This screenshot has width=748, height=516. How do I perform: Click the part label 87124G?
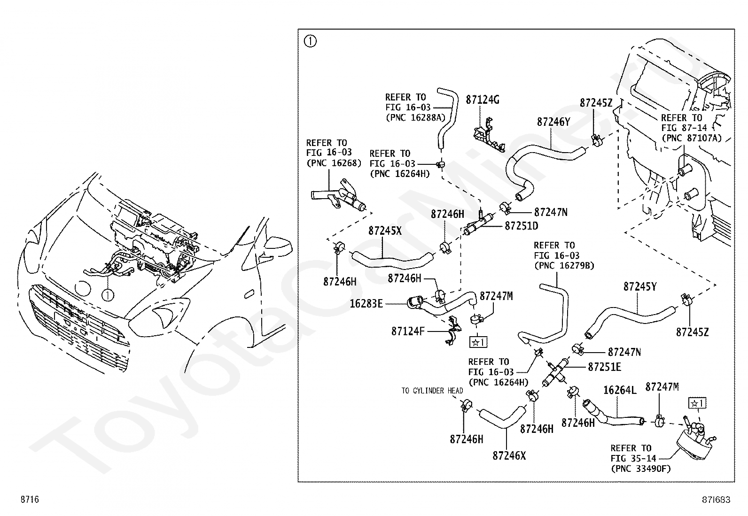pyautogui.click(x=483, y=100)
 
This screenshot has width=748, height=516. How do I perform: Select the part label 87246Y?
pyautogui.click(x=553, y=122)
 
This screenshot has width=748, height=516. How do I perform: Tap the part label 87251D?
pyautogui.click(x=521, y=226)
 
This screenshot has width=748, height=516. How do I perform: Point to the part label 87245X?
pyautogui.click(x=385, y=231)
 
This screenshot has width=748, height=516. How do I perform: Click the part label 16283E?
pyautogui.click(x=366, y=304)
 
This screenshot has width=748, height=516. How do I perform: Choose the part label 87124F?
pyautogui.click(x=408, y=331)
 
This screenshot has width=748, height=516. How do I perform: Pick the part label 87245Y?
pyautogui.click(x=640, y=287)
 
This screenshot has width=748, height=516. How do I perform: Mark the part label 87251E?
pyautogui.click(x=604, y=367)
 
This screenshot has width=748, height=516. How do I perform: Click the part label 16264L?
pyautogui.click(x=620, y=390)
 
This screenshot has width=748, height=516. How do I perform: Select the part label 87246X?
pyautogui.click(x=509, y=456)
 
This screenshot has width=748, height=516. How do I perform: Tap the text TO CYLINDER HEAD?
pyautogui.click(x=432, y=391)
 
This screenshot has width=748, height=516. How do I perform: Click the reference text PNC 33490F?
pyautogui.click(x=641, y=469)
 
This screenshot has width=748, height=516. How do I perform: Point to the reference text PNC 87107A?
pyautogui.click(x=692, y=138)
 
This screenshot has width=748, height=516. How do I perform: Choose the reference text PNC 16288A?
pyautogui.click(x=416, y=118)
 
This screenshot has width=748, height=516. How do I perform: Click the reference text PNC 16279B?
pyautogui.click(x=564, y=266)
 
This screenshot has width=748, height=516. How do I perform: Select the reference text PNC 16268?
pyautogui.click(x=334, y=163)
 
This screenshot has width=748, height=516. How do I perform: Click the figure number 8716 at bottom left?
pyautogui.click(x=30, y=499)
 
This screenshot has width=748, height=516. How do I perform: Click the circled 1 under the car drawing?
pyautogui.click(x=108, y=295)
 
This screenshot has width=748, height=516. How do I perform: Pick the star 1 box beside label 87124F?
pyautogui.click(x=478, y=342)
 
